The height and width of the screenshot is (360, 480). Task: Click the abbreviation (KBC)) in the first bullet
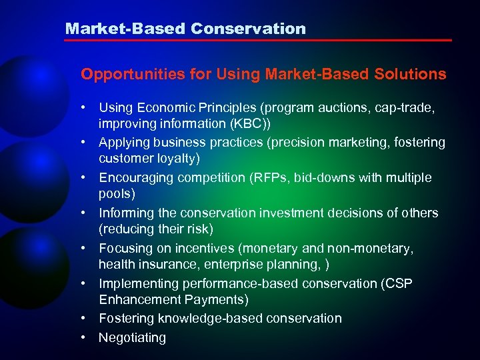[261, 123]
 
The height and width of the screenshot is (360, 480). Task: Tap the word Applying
[125, 143]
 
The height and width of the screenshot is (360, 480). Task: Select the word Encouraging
[136, 178]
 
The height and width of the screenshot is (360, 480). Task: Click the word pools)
[117, 194]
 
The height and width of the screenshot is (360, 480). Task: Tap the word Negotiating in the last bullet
[132, 338]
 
